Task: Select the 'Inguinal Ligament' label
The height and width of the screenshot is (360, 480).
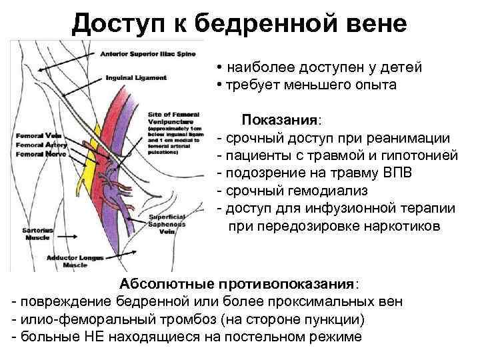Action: point(136,78)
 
